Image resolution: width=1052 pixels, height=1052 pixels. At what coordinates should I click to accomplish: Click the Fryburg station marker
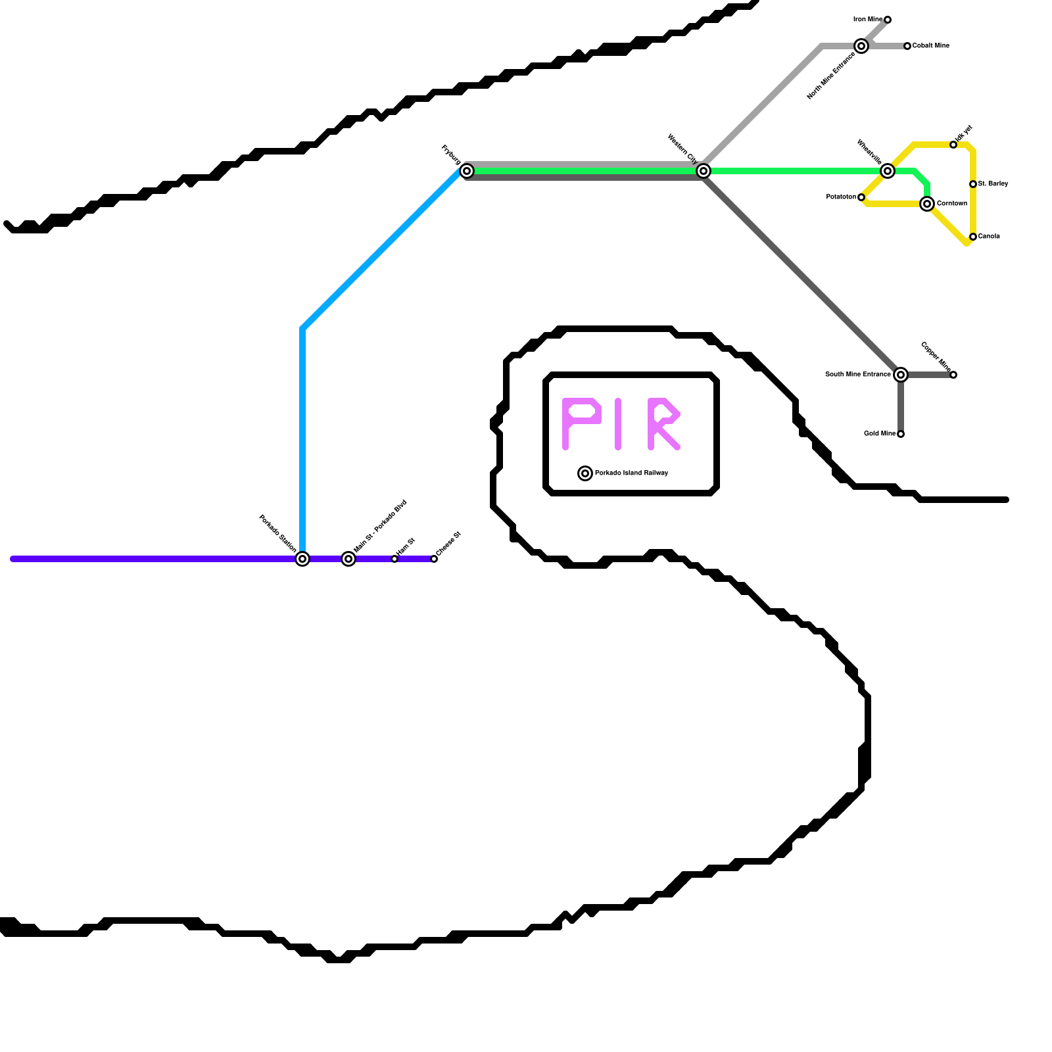click(x=467, y=171)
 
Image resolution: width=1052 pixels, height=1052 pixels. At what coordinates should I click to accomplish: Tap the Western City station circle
click(x=704, y=171)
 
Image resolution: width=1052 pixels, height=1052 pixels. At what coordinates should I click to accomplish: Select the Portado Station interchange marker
click(x=302, y=559)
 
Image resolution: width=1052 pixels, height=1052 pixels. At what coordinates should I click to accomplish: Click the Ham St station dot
click(x=394, y=559)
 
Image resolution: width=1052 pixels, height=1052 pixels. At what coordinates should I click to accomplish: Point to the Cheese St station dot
click(x=434, y=559)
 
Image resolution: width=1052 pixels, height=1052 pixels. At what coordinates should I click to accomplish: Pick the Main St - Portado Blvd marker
click(x=348, y=559)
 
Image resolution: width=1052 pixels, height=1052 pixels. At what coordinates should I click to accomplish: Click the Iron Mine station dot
click(x=888, y=20)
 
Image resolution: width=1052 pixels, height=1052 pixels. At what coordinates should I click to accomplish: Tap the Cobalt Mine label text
click(x=930, y=46)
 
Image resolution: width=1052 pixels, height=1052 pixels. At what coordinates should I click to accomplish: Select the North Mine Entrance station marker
click(x=861, y=46)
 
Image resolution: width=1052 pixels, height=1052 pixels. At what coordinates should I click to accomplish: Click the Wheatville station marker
click(x=888, y=171)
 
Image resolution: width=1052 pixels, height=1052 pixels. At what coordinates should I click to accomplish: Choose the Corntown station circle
click(x=927, y=204)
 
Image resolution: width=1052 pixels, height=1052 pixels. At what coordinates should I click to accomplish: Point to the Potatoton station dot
click(x=861, y=197)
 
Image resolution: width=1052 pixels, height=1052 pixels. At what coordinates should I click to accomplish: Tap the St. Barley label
click(x=993, y=184)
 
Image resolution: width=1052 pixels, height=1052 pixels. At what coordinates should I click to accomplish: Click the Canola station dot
click(x=973, y=237)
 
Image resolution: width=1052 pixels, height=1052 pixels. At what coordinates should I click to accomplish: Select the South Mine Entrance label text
click(x=857, y=375)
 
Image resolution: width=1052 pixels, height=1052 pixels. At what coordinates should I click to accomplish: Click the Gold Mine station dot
click(x=901, y=434)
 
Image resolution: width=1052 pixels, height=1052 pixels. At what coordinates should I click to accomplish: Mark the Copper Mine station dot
click(x=953, y=375)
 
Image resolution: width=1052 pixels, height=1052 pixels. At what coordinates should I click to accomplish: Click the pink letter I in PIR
click(x=618, y=424)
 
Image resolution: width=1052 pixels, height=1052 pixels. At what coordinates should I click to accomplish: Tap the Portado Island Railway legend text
click(x=631, y=473)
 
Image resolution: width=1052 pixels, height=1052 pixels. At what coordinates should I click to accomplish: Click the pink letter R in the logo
click(x=663, y=424)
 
